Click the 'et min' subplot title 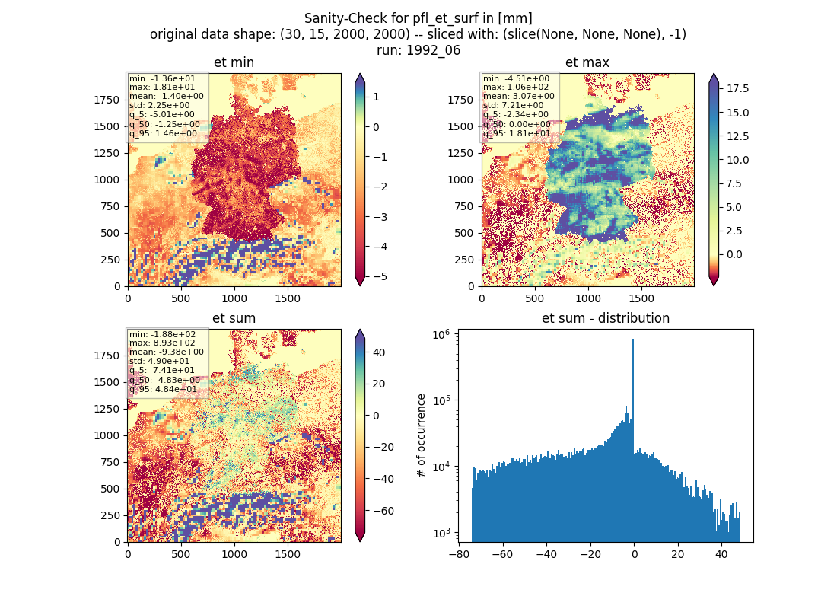tap(234, 62)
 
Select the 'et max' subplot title tap(587, 62)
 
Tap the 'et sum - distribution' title tap(606, 318)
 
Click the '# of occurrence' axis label tap(422, 436)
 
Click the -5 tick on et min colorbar tap(380, 277)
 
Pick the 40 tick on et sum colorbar tap(379, 352)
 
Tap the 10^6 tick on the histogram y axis tap(441, 335)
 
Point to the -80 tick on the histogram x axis tap(459, 554)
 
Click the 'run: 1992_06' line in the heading tap(418, 50)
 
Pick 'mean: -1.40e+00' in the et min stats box tap(166, 96)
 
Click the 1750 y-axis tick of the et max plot tap(460, 100)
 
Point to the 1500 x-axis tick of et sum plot tap(287, 554)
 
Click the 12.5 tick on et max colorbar tap(738, 136)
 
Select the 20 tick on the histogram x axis tap(678, 554)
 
